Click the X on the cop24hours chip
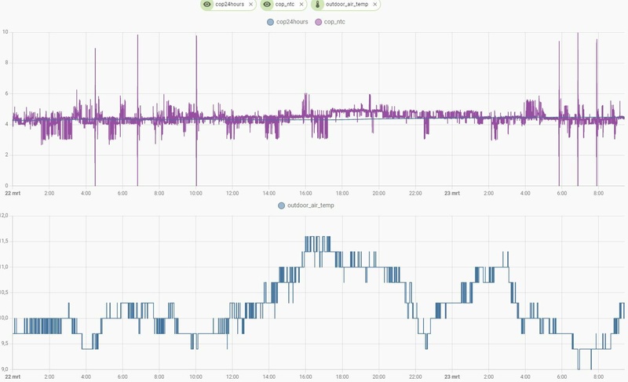pyautogui.click(x=250, y=5)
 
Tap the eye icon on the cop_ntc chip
pyautogui.click(x=267, y=5)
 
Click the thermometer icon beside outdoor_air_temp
pyautogui.click(x=318, y=5)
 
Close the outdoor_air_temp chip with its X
pyautogui.click(x=375, y=5)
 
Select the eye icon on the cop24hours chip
pyautogui.click(x=206, y=5)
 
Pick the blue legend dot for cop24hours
pyautogui.click(x=271, y=22)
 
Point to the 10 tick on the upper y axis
pyautogui.click(x=5, y=32)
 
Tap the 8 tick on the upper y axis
pyautogui.click(x=6, y=63)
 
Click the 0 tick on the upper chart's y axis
pyautogui.click(x=6, y=186)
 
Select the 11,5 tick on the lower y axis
pyautogui.click(x=4, y=242)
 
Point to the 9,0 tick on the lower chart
pyautogui.click(x=4, y=369)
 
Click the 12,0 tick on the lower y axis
pyautogui.click(x=4, y=216)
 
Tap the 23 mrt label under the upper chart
pyautogui.click(x=451, y=193)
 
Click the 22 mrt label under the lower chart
pyautogui.click(x=13, y=377)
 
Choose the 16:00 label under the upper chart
pyautogui.click(x=305, y=193)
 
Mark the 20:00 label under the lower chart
pyautogui.click(x=378, y=377)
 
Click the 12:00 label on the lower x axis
pyautogui.click(x=232, y=377)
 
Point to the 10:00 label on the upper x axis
pyautogui.click(x=195, y=193)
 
